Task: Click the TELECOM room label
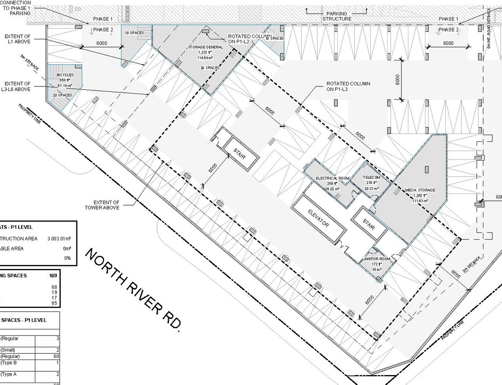tap(371, 178)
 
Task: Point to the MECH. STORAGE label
tap(420, 190)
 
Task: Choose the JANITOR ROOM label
tap(376, 259)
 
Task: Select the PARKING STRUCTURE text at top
tap(337, 16)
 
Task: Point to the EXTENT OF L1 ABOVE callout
tap(18, 39)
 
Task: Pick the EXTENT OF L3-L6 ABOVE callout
tap(18, 86)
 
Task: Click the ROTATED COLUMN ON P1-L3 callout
tap(348, 86)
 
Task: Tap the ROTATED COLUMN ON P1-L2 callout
tap(249, 39)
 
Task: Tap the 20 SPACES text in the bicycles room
tap(62, 95)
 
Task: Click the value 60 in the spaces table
tap(56, 356)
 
